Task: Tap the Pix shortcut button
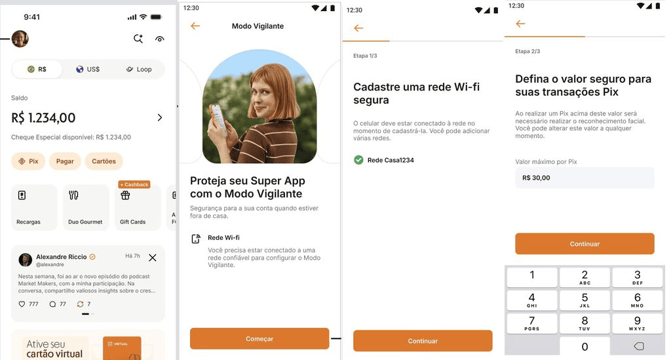tap(28, 161)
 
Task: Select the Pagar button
tap(65, 161)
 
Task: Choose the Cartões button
tap(104, 161)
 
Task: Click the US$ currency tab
tap(88, 70)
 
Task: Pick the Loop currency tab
tap(139, 70)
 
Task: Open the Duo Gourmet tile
tap(85, 207)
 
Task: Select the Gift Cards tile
tap(136, 207)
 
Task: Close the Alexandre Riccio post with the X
tap(153, 258)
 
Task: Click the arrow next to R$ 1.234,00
tap(159, 118)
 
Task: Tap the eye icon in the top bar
tap(159, 39)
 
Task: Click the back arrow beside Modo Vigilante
tap(195, 26)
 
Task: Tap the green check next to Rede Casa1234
tap(358, 160)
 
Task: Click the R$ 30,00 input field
tap(585, 178)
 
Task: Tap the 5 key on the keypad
tap(585, 300)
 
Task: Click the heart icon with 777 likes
tap(22, 304)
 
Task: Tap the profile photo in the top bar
tap(20, 39)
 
